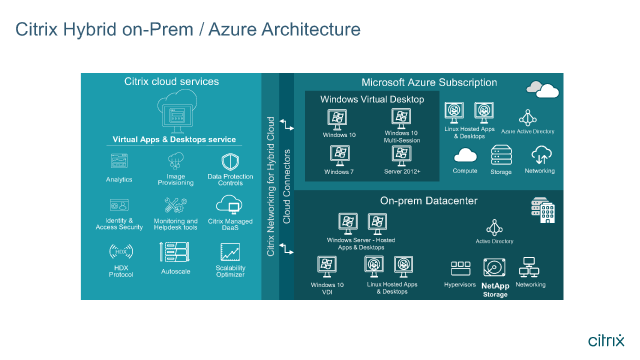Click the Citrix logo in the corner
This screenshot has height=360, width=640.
tap(606, 340)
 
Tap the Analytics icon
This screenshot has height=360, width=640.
tap(119, 161)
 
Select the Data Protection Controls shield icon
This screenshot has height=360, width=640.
tap(230, 162)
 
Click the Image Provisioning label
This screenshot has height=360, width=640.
tap(175, 180)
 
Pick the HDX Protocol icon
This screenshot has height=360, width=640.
tap(121, 251)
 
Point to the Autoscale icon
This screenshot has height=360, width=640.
tap(174, 252)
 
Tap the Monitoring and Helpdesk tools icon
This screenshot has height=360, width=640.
tap(175, 205)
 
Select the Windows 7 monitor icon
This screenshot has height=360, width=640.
tap(340, 155)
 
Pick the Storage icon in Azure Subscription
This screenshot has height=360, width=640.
tap(501, 155)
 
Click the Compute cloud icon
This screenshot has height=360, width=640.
tap(465, 156)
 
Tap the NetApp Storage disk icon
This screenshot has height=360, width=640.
tap(494, 268)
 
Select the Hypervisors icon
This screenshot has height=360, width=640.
tap(460, 268)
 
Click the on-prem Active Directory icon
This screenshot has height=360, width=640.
tap(494, 227)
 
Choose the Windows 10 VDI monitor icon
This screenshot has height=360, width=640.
tap(327, 266)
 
